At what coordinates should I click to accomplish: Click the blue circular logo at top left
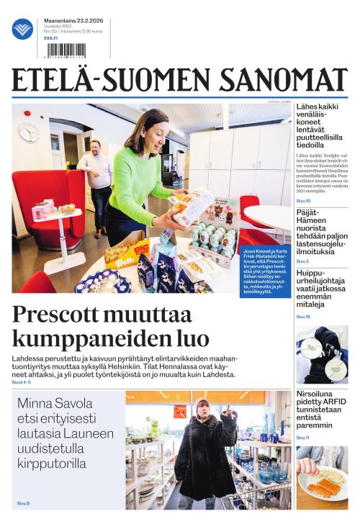click(22, 29)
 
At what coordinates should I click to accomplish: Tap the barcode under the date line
click(65, 50)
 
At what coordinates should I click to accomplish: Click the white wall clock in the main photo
click(28, 132)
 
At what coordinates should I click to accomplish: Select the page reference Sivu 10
click(303, 201)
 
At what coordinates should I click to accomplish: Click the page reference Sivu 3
click(302, 261)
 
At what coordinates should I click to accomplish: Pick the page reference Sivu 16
click(303, 317)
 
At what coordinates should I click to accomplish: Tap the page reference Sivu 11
click(302, 438)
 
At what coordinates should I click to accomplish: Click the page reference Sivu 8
click(23, 503)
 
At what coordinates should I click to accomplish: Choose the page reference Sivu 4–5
click(22, 382)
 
